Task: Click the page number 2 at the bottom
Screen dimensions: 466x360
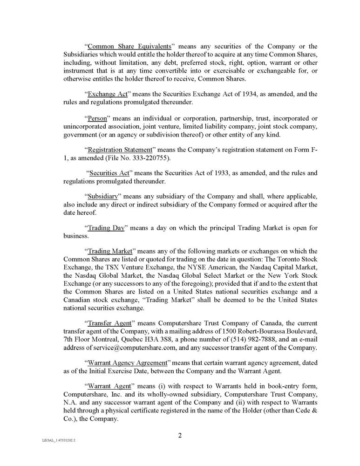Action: tap(180, 436)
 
